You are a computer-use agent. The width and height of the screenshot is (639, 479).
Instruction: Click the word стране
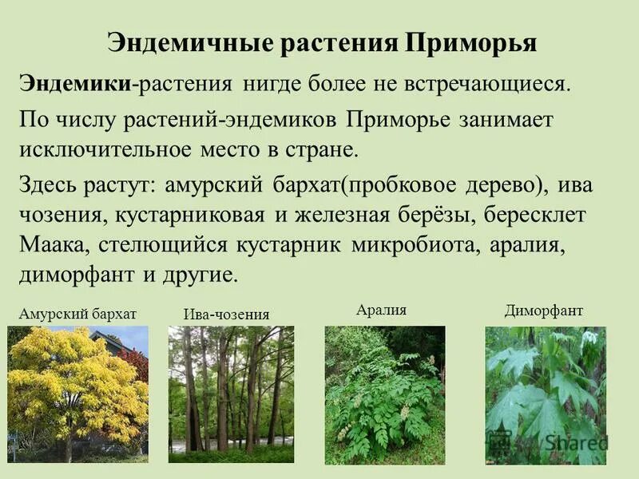(319, 150)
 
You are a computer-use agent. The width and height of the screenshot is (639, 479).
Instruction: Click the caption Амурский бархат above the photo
(73, 313)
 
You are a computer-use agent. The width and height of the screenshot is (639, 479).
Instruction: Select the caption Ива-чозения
(226, 315)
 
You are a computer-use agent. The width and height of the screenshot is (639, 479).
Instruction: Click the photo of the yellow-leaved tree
(77, 394)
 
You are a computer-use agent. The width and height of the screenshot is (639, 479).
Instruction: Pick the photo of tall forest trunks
(226, 394)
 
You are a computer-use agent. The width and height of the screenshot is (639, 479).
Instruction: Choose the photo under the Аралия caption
(384, 394)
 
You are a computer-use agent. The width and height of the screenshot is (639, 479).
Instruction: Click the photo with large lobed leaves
(546, 394)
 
